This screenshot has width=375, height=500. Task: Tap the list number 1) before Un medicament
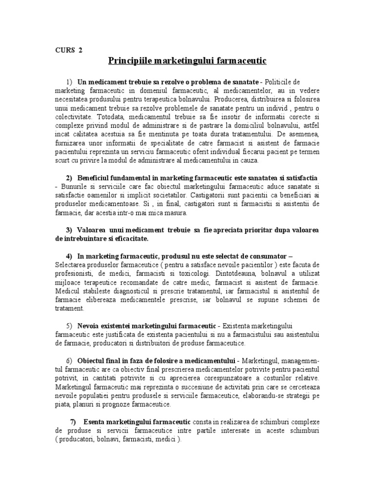click(69, 81)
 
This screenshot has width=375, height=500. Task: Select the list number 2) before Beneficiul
click(69, 176)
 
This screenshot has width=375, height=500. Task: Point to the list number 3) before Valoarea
click(69, 229)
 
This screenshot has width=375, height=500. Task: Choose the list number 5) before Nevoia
click(69, 325)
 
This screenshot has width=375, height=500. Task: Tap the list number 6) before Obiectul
click(69, 360)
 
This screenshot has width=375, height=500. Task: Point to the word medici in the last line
click(168, 439)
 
